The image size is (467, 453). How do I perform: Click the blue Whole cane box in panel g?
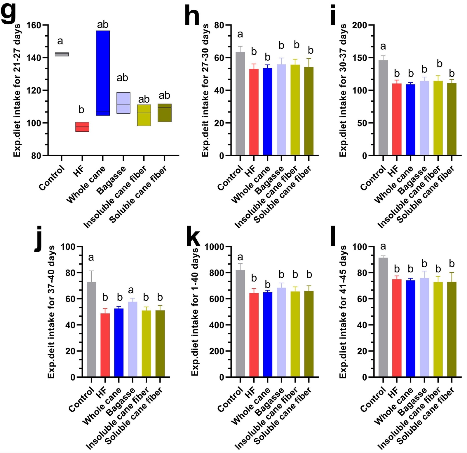[x=103, y=73]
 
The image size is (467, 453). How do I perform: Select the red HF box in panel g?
[x=82, y=127]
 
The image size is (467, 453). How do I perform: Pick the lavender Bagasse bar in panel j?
[x=133, y=339]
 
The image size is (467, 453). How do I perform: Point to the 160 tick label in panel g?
[x=34, y=25]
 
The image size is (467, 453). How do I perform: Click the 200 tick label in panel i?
[x=359, y=25]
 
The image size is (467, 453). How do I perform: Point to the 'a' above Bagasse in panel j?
[x=131, y=290]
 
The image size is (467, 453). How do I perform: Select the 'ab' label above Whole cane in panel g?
[x=103, y=25]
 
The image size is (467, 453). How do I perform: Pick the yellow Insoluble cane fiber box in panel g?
[x=144, y=115]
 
